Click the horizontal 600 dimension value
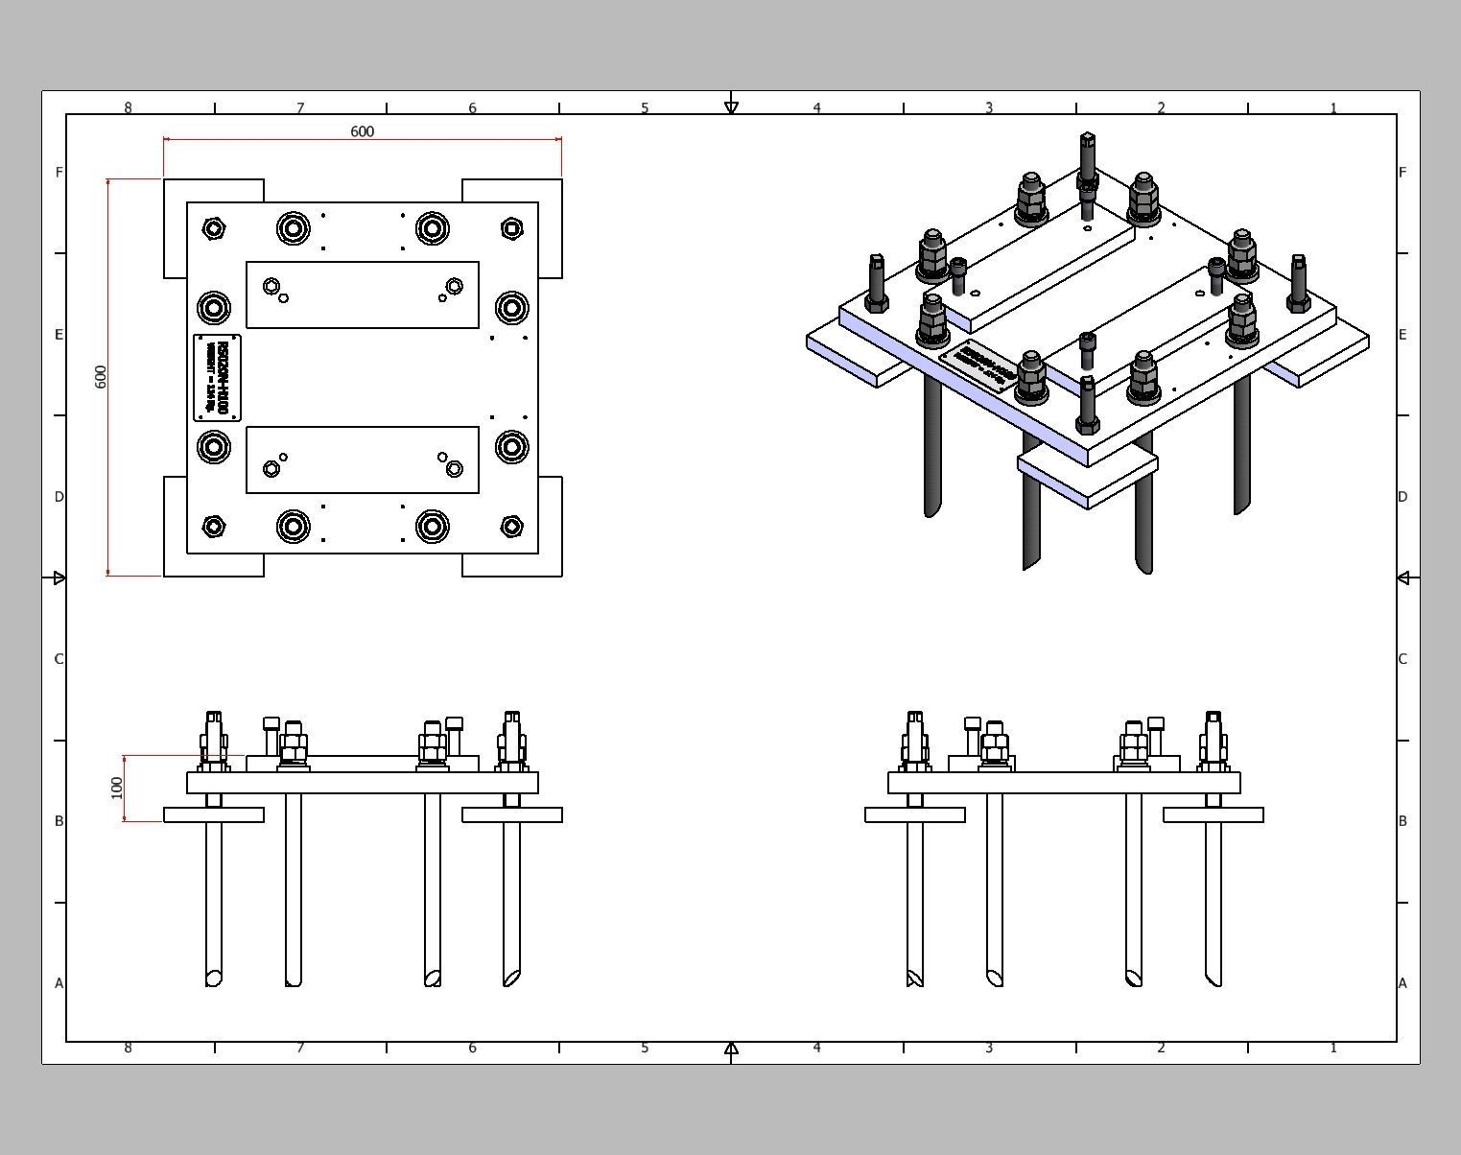point(362,131)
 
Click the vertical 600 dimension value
point(101,376)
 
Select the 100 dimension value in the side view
point(117,788)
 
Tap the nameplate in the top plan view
point(218,377)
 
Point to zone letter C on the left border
point(59,659)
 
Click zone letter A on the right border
point(1402,983)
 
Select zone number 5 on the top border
point(645,108)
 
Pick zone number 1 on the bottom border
point(1333,1048)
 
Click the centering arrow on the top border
point(731,106)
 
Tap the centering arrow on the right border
point(1402,577)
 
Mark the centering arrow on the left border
point(59,577)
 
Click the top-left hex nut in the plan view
point(214,228)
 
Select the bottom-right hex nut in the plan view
point(511,527)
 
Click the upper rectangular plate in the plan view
point(363,295)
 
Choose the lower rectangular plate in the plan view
point(363,460)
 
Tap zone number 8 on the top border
point(128,108)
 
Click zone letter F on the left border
point(59,173)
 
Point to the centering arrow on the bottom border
point(731,1049)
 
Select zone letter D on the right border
point(1402,497)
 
